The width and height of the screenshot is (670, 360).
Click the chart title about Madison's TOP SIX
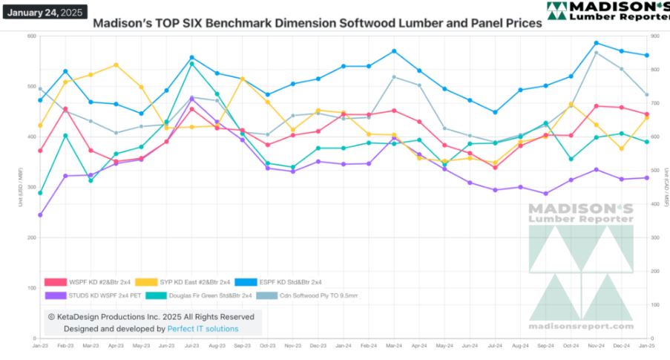pyautogui.click(x=317, y=23)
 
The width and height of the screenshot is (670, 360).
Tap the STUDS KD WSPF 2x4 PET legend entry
pyautogui.click(x=99, y=295)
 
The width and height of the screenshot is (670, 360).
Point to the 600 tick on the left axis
pyautogui.click(x=31, y=36)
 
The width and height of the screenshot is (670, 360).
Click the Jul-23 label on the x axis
pyautogui.click(x=192, y=346)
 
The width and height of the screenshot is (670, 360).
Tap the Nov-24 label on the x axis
pyautogui.click(x=596, y=346)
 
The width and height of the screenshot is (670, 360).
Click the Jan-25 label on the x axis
pyautogui.click(x=646, y=346)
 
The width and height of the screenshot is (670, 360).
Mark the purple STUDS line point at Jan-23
pyautogui.click(x=40, y=215)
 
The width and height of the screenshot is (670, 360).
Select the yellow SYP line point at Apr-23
pyautogui.click(x=116, y=65)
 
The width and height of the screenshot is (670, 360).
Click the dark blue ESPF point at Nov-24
pyautogui.click(x=596, y=43)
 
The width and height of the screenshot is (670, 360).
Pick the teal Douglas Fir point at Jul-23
pyautogui.click(x=192, y=64)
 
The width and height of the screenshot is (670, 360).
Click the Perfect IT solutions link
pyautogui.click(x=203, y=328)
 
